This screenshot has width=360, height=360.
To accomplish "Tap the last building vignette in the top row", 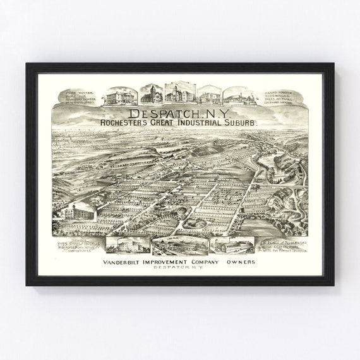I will tap(237, 95).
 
